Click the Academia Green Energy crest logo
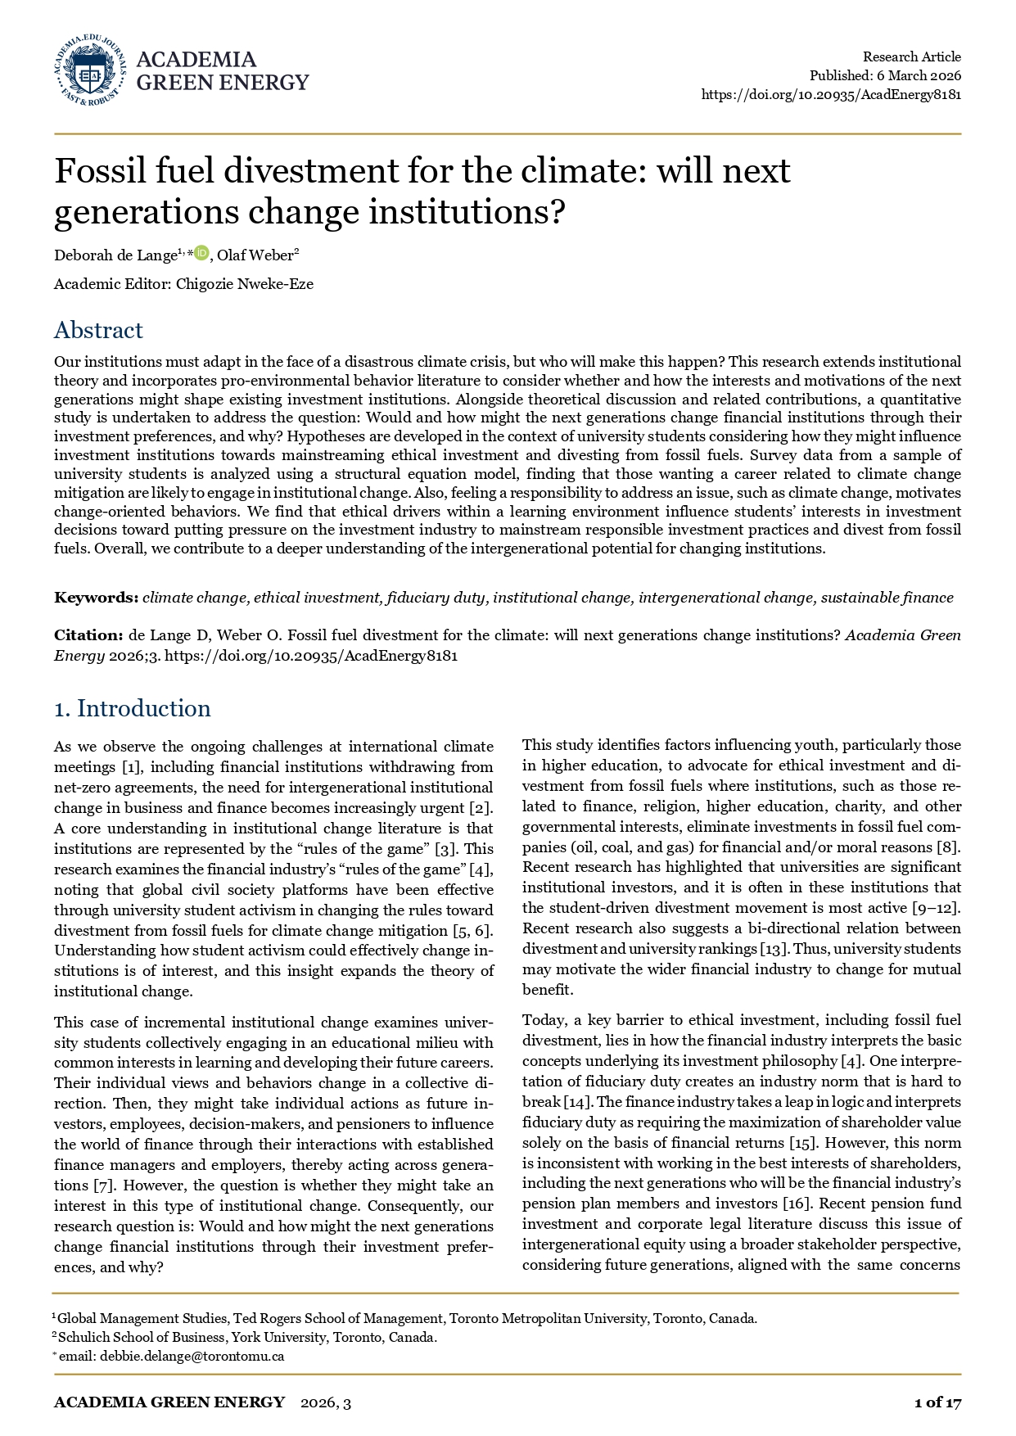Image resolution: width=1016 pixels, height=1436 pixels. tap(90, 70)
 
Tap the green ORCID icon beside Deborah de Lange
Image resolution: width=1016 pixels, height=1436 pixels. tap(201, 254)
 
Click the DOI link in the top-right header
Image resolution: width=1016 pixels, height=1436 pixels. tap(831, 94)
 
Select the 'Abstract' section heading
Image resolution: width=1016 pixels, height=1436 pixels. tap(98, 330)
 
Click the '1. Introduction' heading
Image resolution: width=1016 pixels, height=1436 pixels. tap(133, 708)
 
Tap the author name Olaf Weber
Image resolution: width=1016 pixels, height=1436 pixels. tap(255, 255)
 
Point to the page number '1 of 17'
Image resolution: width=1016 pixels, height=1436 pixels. tap(937, 1402)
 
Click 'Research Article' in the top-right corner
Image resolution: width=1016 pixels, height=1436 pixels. tap(912, 56)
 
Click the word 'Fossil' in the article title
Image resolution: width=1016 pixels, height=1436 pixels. tap(96, 171)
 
